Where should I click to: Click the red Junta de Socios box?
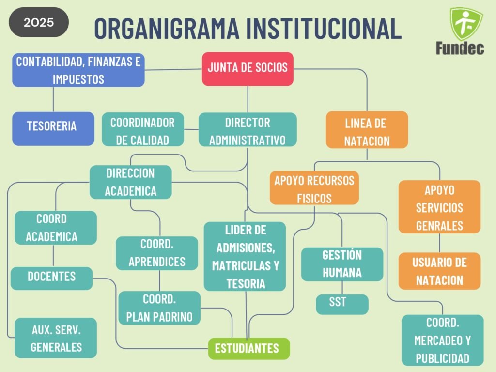(248, 68)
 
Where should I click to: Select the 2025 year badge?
(39, 22)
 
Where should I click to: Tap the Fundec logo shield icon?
(466, 23)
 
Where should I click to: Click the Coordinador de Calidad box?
(143, 129)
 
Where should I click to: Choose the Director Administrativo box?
(248, 129)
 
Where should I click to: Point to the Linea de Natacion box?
(367, 129)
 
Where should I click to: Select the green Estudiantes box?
(248, 348)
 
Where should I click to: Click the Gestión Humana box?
(342, 264)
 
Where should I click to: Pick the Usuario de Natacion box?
(439, 271)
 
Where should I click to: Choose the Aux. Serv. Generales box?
(56, 338)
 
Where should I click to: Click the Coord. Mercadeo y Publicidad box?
(442, 340)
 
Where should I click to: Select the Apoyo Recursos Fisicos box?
(314, 188)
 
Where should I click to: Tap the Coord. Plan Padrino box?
(159, 308)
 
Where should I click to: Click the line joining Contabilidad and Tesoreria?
(53, 99)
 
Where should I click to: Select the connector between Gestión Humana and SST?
(342, 288)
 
